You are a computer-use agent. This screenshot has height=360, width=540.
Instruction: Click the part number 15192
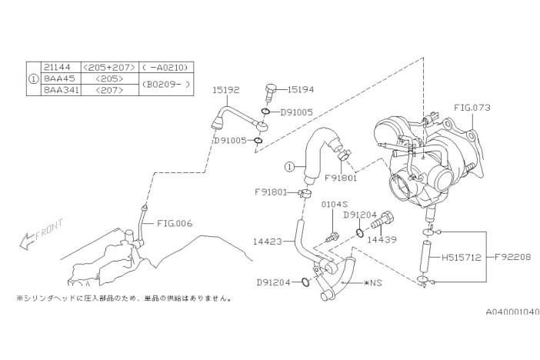click(228, 90)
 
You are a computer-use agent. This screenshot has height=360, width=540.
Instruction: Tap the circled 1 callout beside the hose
click(288, 166)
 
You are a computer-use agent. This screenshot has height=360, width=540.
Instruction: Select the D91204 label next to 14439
click(358, 215)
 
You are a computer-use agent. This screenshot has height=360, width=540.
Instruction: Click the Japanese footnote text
click(122, 298)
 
